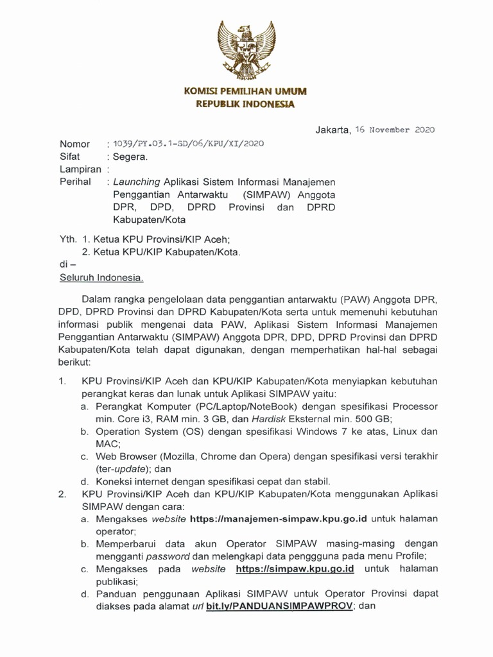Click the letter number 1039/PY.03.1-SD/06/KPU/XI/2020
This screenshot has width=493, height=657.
189,144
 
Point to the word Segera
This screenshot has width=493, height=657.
130,157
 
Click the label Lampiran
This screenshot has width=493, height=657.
80,169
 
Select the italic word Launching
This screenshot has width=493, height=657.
137,182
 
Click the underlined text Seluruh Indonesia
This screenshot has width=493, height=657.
101,278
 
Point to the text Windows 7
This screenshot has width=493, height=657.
327,432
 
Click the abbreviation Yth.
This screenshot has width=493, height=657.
67,237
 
